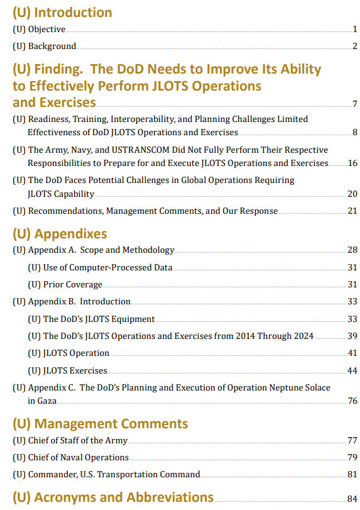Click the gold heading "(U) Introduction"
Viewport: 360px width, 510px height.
[x=62, y=13]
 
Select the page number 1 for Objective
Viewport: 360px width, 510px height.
[x=355, y=30]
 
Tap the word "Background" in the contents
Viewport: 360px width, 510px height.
[x=52, y=46]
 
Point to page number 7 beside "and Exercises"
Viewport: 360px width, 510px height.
[x=355, y=104]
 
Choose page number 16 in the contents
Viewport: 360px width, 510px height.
[x=352, y=163]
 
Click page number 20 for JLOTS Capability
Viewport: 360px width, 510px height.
[x=352, y=194]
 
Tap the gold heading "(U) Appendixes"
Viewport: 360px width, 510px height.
[x=60, y=234]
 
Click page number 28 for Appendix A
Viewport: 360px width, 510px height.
[x=352, y=250]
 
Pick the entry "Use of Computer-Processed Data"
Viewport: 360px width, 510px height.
[x=107, y=267]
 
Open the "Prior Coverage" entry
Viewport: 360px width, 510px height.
[x=73, y=285]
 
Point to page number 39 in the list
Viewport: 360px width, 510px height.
[x=352, y=336]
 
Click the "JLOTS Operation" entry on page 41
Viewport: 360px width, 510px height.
[x=76, y=353]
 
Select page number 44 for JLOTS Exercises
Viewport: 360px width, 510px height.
[x=352, y=370]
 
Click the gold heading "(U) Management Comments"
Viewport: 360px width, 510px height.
[x=101, y=424]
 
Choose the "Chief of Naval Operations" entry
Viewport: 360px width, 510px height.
[x=79, y=458]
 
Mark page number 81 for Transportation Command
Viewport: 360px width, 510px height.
[x=352, y=475]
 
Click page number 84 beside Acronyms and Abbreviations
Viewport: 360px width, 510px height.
[x=352, y=499]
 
